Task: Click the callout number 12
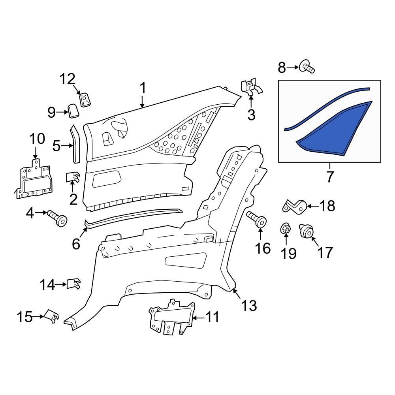[67, 79]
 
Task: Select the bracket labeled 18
[294, 205]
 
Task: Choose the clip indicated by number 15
[52, 316]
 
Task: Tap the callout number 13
[249, 305]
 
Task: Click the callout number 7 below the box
[330, 177]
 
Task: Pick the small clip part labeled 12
[85, 99]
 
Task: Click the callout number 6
[76, 244]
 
